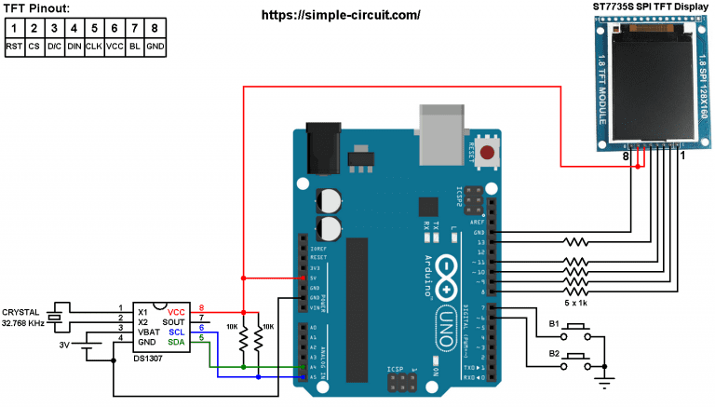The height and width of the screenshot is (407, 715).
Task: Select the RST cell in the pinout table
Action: click(14, 45)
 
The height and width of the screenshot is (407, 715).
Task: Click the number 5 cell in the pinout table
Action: click(93, 27)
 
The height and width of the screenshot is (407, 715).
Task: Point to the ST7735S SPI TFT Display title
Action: click(652, 7)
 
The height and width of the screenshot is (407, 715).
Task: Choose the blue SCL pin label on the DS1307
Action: click(177, 331)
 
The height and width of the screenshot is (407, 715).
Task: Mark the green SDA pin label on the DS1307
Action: click(177, 342)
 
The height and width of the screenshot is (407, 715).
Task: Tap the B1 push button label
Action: click(553, 323)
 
